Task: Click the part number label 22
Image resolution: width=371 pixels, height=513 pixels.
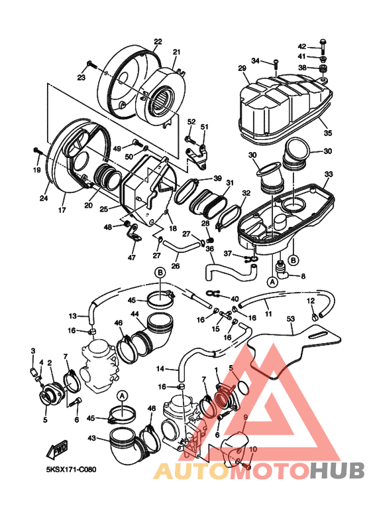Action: click(158, 42)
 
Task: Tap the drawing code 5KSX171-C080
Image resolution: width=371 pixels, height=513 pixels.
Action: click(71, 469)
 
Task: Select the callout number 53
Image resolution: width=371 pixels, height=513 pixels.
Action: click(290, 319)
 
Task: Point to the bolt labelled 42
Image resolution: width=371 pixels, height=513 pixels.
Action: click(323, 46)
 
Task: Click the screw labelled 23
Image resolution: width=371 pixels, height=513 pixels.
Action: click(91, 64)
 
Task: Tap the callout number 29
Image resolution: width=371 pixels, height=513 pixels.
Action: click(242, 68)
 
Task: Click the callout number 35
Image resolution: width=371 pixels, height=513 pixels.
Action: click(327, 133)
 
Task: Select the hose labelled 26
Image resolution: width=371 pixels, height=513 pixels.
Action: click(182, 246)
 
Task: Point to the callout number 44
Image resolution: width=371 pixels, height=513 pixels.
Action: click(134, 315)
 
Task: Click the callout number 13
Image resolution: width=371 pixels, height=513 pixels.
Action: click(72, 316)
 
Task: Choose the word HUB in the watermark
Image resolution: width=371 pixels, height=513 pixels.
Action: click(337, 471)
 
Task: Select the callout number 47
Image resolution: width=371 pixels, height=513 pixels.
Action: click(131, 257)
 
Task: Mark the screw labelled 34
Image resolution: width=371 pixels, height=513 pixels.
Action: click(276, 64)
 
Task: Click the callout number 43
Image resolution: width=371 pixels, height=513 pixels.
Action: click(92, 438)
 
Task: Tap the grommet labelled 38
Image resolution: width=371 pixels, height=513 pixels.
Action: click(323, 69)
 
